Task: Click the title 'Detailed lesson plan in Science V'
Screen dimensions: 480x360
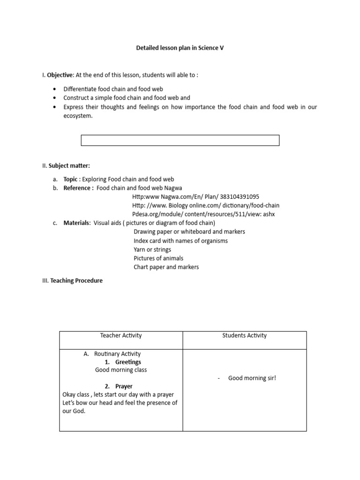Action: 180,48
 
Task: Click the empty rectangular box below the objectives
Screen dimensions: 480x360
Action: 180,140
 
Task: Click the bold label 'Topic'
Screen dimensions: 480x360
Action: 71,179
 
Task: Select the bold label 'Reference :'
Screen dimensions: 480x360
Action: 78,188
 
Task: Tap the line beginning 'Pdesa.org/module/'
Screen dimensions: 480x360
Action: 203,214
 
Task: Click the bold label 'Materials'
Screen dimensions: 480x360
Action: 77,223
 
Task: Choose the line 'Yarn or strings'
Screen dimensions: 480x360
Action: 152,249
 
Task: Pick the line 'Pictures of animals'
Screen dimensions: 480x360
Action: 158,258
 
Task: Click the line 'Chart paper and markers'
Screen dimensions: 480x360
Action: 166,267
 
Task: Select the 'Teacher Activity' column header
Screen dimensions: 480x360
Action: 121,336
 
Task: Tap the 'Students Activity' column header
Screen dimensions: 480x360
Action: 244,336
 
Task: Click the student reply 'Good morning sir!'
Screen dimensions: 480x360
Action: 252,378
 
